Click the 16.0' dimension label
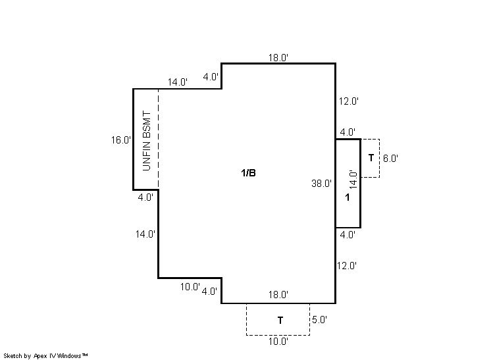121,140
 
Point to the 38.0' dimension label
321,184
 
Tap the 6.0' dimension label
390,159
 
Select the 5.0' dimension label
319,320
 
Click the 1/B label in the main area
248,173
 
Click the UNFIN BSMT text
147,141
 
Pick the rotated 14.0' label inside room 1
353,180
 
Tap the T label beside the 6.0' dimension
371,158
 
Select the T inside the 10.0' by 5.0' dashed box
280,321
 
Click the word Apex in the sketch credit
40,356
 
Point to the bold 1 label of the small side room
348,197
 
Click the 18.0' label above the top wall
278,58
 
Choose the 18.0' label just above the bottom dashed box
278,295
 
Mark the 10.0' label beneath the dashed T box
278,342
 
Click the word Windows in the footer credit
69,355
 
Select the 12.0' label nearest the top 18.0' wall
349,101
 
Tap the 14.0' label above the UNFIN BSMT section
178,82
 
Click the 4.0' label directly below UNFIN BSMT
145,197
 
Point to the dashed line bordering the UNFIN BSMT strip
158,140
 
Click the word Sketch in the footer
13,356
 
